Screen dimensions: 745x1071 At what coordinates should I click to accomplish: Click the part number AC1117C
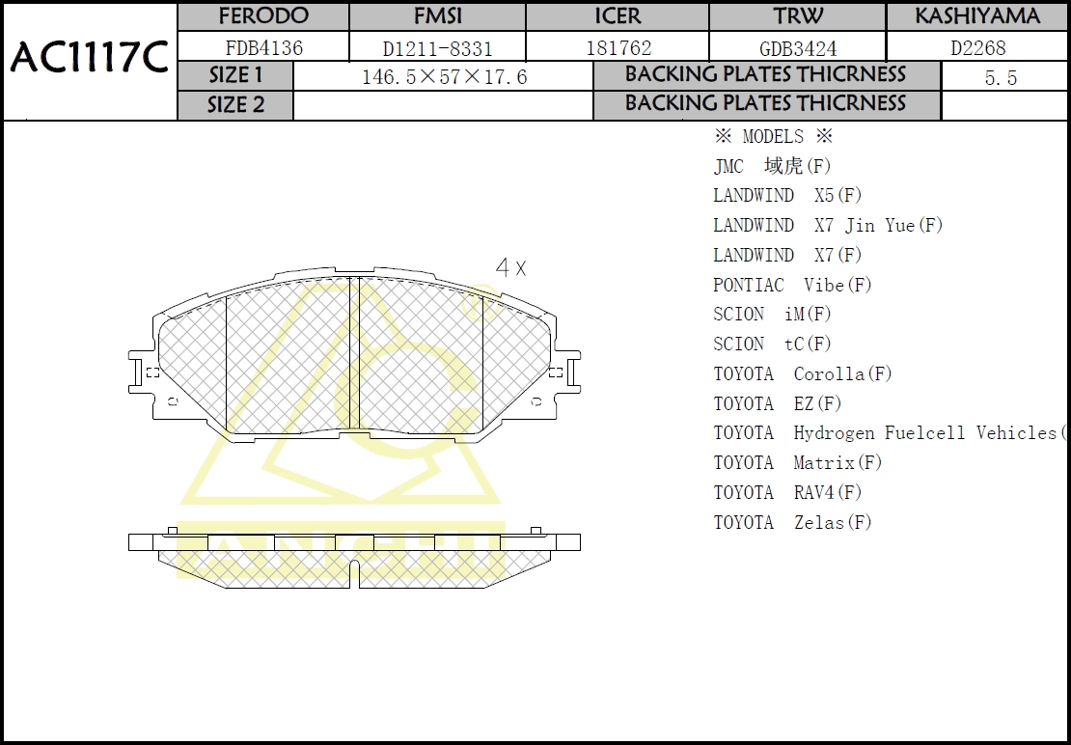click(89, 59)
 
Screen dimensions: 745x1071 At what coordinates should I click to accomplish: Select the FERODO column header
click(263, 16)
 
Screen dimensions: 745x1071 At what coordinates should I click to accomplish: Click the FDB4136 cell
click(263, 47)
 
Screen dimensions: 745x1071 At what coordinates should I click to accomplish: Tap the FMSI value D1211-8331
click(437, 47)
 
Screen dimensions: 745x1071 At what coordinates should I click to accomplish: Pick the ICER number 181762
click(618, 47)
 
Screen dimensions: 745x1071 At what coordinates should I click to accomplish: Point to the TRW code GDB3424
click(798, 47)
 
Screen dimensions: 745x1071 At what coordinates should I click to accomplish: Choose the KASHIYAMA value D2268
click(977, 47)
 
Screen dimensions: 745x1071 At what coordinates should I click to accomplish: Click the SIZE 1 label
click(235, 75)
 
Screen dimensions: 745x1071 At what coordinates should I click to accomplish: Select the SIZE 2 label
click(235, 105)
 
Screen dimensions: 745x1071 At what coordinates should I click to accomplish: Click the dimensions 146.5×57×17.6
click(444, 77)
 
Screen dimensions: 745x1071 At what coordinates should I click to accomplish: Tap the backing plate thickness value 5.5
click(1001, 78)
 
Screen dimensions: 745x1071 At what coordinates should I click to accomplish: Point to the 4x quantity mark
click(510, 268)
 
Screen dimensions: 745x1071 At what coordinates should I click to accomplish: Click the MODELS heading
click(773, 137)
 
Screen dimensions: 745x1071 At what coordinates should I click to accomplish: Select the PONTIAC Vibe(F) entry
click(792, 285)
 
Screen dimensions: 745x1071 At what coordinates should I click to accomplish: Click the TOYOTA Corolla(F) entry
click(803, 373)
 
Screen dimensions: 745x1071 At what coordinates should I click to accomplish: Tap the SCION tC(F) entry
click(772, 344)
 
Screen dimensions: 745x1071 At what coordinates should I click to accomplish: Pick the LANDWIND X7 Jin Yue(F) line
click(828, 225)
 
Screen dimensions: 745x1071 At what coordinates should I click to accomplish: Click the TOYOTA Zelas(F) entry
click(792, 522)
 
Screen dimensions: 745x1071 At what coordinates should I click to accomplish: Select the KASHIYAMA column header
click(977, 16)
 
